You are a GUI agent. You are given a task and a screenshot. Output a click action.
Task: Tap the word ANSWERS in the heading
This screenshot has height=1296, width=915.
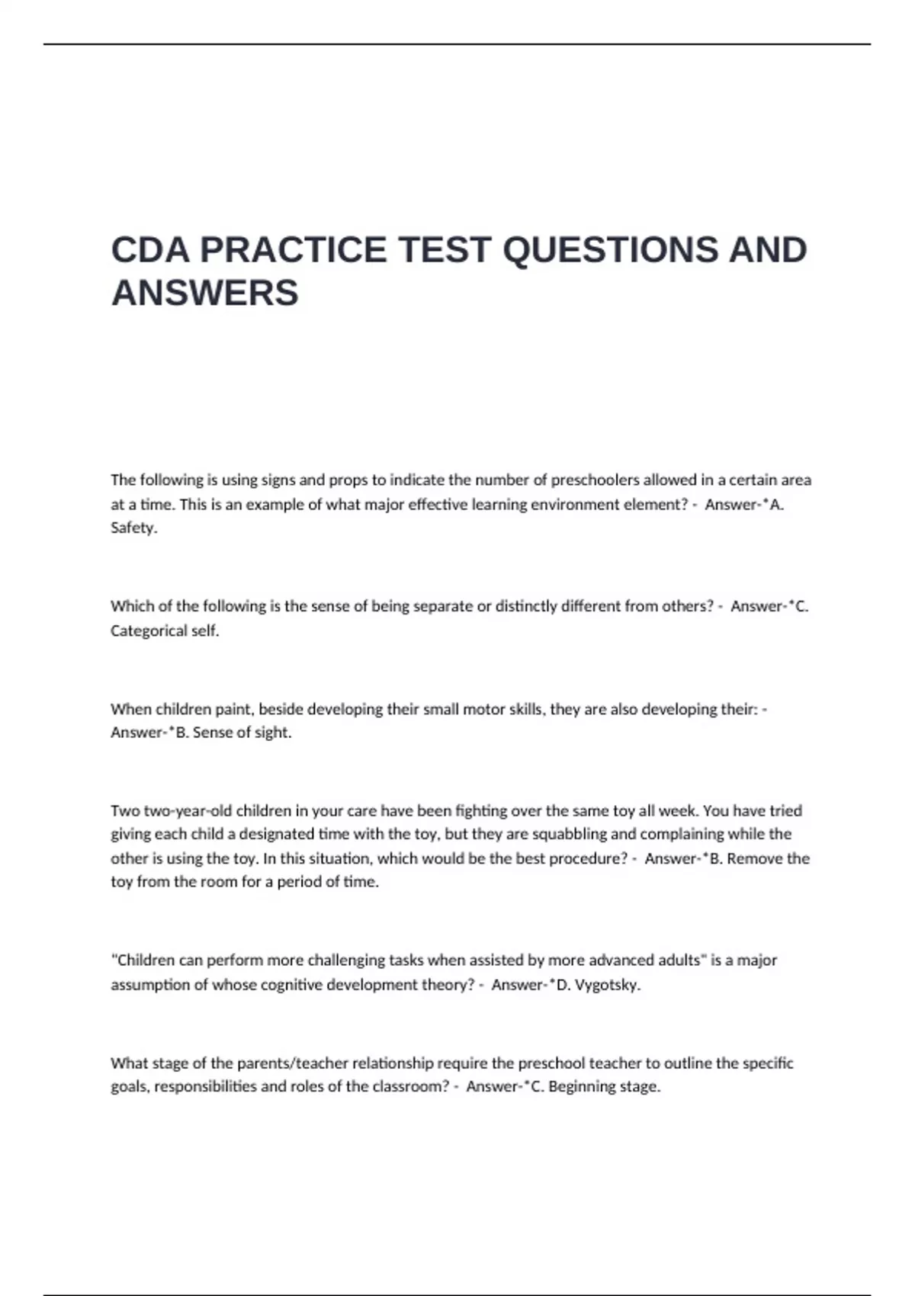coord(204,293)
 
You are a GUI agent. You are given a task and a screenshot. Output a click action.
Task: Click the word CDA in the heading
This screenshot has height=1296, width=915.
coord(151,250)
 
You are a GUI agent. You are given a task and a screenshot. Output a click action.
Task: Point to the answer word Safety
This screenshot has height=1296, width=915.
coord(133,528)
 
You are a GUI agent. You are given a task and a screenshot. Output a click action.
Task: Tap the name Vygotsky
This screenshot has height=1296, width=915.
coord(608,984)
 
